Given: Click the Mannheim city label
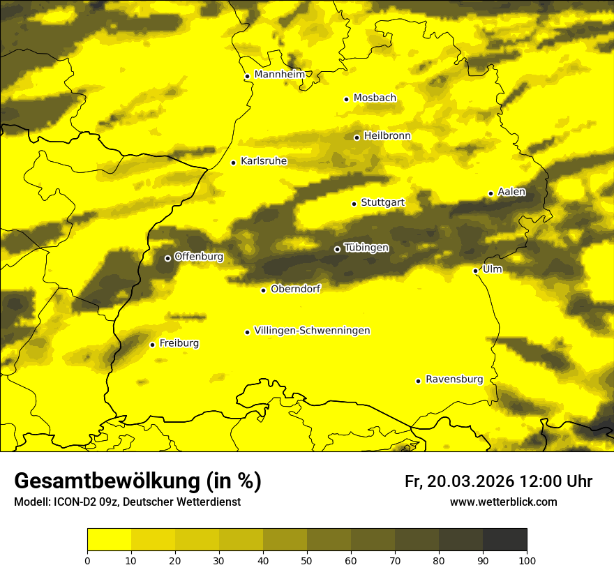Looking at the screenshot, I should click(280, 75).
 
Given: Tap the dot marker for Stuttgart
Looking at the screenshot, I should click(354, 204).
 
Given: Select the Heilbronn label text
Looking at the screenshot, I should click(387, 136).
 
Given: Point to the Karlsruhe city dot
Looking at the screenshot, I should click(233, 163).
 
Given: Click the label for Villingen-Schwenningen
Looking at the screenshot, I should click(312, 331).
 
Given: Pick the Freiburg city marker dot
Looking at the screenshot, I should click(152, 344).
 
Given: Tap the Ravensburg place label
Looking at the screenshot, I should click(454, 379).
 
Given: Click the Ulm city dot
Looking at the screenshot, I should click(475, 271).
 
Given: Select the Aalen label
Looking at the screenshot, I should click(511, 192).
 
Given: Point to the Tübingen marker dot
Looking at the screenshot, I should click(337, 249).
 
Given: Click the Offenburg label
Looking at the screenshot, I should click(199, 257).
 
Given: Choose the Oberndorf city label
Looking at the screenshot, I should click(295, 289).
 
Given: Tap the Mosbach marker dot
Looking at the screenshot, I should click(346, 99).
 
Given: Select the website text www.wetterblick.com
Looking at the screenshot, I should click(503, 502).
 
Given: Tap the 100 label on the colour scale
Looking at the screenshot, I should click(527, 560).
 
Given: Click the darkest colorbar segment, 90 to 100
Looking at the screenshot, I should click(504, 540).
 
